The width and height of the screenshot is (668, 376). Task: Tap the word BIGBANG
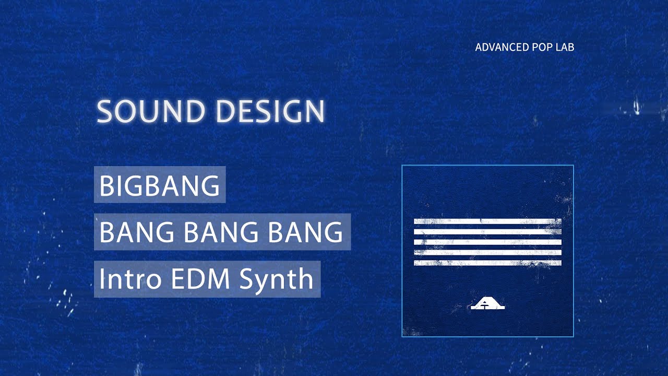159,185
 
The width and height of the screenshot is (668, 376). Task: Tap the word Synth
276,279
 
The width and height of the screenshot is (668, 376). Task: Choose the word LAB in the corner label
566,48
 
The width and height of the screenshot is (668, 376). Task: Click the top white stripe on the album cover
487,221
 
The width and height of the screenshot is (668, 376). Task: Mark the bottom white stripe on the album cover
487,263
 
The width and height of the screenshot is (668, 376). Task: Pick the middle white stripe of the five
487,242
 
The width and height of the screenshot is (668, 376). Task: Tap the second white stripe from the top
487,232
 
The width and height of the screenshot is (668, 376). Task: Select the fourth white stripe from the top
487,253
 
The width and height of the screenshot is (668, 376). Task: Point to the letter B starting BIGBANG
106,186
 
